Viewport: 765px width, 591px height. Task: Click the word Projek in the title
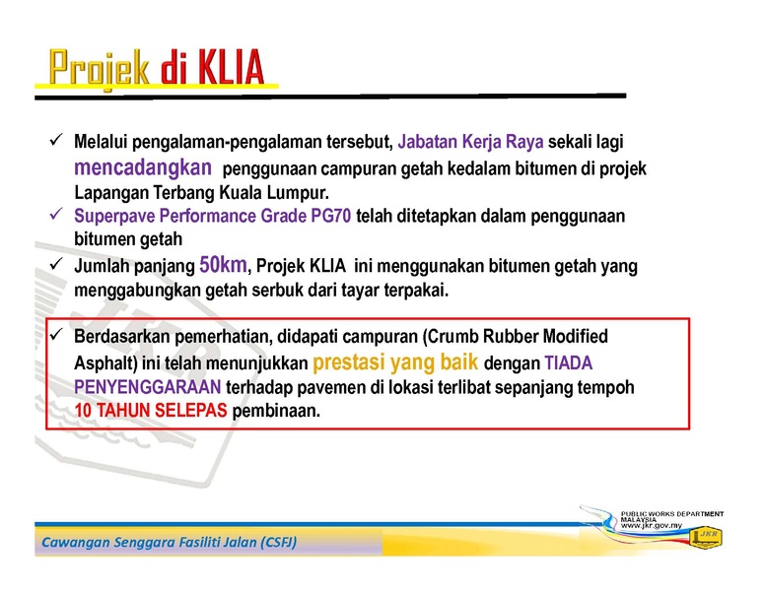click(x=99, y=68)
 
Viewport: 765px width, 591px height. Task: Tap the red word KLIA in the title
click(x=231, y=67)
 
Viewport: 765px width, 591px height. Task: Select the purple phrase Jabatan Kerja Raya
click(x=470, y=142)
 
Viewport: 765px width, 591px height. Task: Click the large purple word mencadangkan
click(x=143, y=168)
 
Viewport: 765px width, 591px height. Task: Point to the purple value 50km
click(x=223, y=265)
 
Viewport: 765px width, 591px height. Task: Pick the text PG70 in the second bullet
click(x=331, y=216)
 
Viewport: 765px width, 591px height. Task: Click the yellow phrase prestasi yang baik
click(x=394, y=362)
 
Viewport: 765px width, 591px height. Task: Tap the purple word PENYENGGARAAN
click(x=147, y=387)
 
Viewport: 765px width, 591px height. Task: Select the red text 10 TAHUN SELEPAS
click(x=151, y=411)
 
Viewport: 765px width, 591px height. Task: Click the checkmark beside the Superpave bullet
click(x=56, y=213)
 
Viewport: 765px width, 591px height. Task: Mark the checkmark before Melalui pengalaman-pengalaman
click(x=56, y=140)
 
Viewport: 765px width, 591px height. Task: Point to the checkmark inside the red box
click(x=56, y=334)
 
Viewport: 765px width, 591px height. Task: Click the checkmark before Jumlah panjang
click(x=56, y=264)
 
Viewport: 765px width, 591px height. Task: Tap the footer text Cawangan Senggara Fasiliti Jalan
click(x=169, y=542)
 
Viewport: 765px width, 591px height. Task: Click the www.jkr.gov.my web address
click(x=652, y=525)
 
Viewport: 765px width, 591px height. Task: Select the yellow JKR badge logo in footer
click(x=706, y=538)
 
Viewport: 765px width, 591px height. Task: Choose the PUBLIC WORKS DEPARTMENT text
click(x=671, y=514)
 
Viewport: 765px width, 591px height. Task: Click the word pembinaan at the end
click(x=276, y=411)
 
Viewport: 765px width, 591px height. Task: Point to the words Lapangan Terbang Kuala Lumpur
click(x=201, y=193)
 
